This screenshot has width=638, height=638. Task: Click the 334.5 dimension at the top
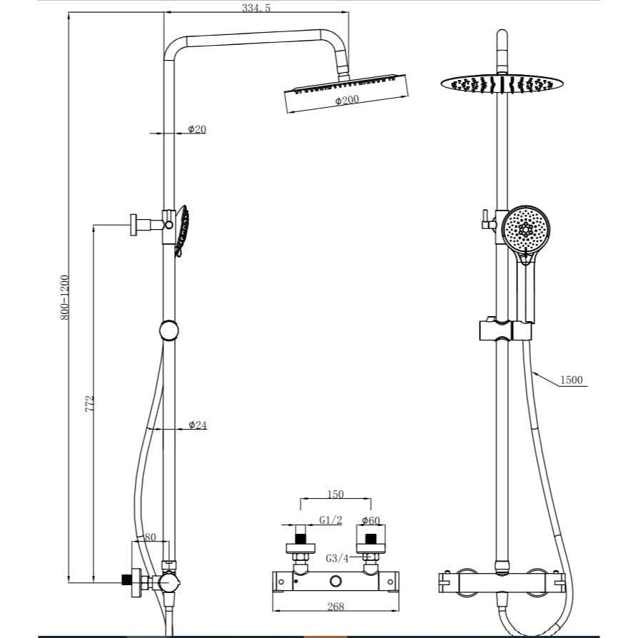[256, 8]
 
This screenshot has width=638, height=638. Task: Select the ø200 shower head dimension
[347, 101]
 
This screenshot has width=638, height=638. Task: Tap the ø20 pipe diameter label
[197, 129]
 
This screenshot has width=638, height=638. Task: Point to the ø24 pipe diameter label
[198, 425]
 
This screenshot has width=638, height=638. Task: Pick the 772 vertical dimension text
[91, 403]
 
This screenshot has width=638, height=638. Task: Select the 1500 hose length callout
[571, 380]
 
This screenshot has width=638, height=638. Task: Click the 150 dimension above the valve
[335, 494]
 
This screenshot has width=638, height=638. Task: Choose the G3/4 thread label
[337, 557]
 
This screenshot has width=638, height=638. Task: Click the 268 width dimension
[335, 607]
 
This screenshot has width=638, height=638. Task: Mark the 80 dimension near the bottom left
[150, 537]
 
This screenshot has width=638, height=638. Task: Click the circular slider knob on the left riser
[169, 331]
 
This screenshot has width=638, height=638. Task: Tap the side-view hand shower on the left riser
[182, 231]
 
